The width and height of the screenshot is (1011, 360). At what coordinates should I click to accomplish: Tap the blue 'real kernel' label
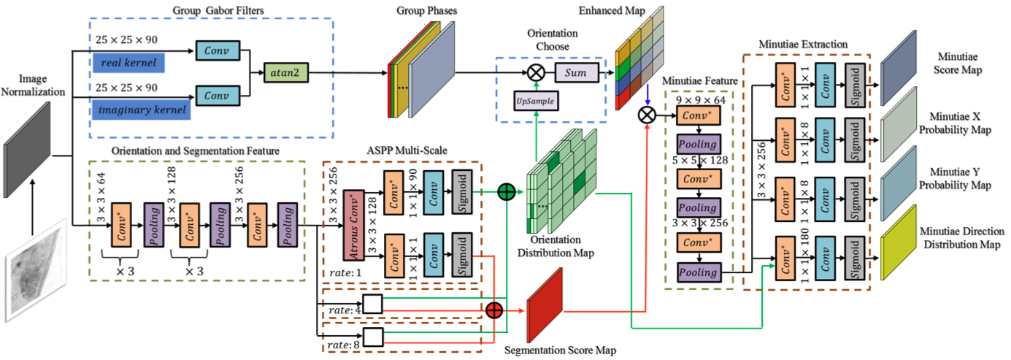129,62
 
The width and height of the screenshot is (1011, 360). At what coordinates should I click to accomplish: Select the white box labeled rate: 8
372,336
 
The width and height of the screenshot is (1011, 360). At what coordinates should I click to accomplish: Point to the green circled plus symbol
506,192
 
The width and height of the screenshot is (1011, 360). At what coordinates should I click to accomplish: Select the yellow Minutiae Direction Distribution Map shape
902,241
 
